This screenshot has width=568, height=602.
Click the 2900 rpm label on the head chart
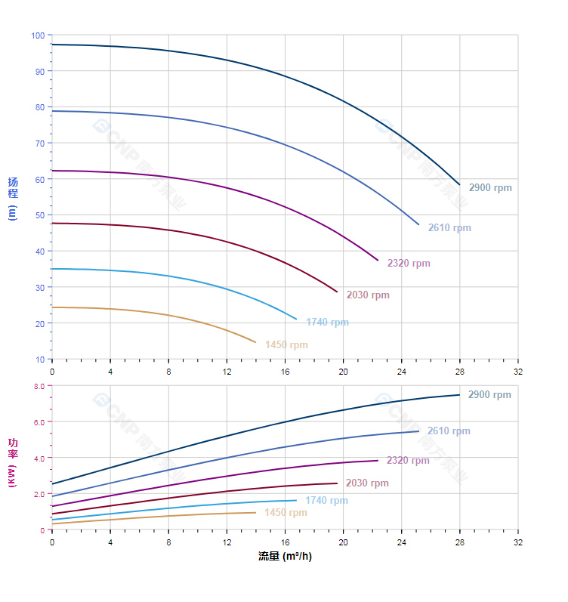coord(489,187)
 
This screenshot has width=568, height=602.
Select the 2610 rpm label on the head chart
coord(449,228)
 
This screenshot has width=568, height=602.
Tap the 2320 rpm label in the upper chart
coord(408,264)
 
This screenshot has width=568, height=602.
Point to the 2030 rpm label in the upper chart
coord(368,295)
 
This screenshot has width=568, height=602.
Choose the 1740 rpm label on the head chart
coord(327,323)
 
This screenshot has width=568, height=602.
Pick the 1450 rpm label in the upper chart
coord(286,345)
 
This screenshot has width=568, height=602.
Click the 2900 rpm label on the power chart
coord(489,395)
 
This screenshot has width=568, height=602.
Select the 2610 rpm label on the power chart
coord(449,431)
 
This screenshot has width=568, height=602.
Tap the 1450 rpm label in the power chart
coord(286,513)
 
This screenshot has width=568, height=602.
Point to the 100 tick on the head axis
coord(38,36)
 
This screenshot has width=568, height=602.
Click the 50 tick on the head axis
coord(39,215)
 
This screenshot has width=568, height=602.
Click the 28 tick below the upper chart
coord(459,372)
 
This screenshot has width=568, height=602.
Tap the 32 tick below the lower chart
coord(517,542)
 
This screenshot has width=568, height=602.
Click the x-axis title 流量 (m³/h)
coord(285,557)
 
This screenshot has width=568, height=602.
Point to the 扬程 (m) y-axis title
coord(13,197)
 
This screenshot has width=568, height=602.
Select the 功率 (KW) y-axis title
coord(13,462)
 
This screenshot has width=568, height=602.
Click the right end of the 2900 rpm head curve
coord(459,184)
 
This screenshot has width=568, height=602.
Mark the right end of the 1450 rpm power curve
coord(255,512)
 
